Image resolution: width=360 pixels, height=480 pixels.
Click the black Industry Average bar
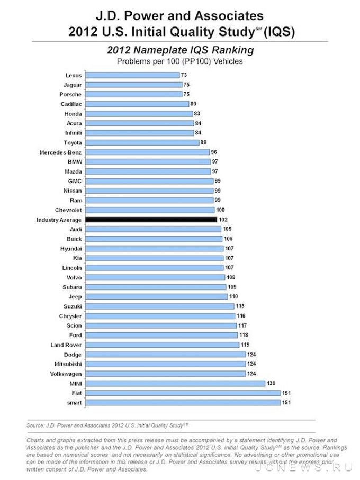tap(151, 219)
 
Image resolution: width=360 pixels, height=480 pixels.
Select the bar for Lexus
tap(132, 75)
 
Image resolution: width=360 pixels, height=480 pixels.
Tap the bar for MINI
tap(175, 383)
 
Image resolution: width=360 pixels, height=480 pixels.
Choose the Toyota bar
tap(142, 142)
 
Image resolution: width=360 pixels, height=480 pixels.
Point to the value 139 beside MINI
tap(272, 383)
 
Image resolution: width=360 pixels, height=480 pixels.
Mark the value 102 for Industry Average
tap(223, 219)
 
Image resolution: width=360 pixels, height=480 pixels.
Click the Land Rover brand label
tap(66, 345)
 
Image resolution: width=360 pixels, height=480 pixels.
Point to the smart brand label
tap(73, 402)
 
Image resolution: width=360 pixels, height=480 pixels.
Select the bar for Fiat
tap(183, 393)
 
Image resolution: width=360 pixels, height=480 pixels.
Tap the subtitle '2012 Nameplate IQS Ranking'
tap(180, 50)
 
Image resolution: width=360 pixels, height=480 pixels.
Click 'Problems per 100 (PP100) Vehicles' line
tap(180, 61)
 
